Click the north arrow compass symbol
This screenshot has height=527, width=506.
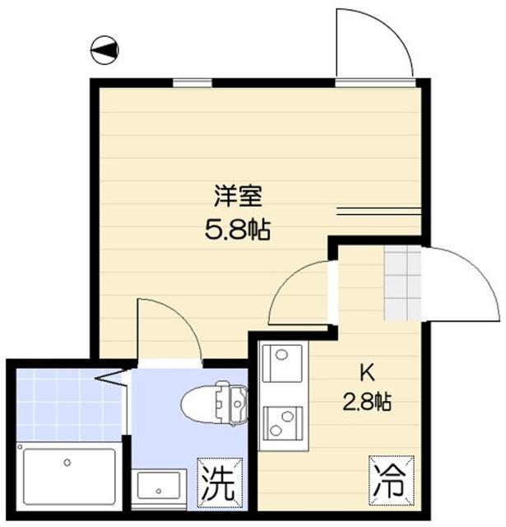104,50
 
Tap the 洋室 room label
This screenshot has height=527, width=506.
238,197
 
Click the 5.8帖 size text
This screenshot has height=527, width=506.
238,228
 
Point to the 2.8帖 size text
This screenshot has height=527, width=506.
366,402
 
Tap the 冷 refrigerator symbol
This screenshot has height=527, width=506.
386,478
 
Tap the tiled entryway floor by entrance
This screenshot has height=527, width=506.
402,284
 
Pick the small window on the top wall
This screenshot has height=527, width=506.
190,82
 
